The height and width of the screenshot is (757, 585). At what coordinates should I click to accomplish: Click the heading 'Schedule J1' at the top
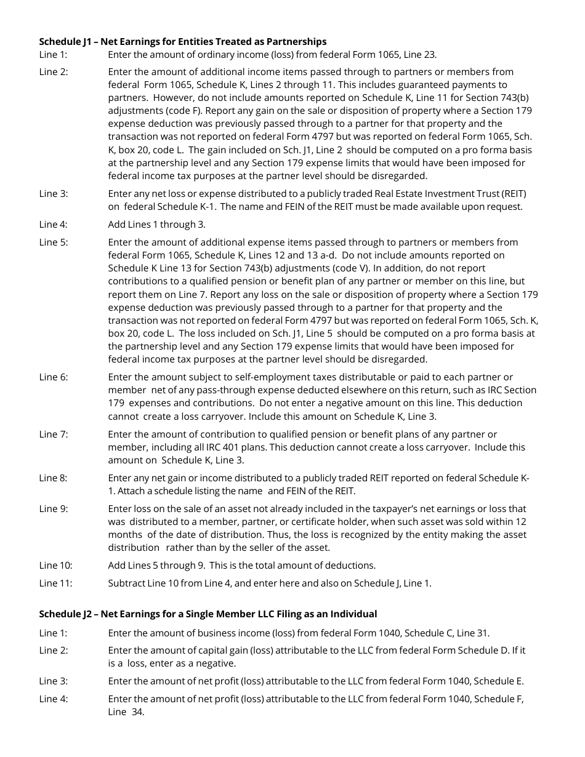tap(182, 42)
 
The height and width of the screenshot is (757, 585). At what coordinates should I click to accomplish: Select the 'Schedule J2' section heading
tap(208, 614)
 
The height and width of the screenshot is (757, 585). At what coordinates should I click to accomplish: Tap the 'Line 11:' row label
tap(55, 583)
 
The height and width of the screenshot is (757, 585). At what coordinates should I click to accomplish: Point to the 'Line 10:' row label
tap(55, 565)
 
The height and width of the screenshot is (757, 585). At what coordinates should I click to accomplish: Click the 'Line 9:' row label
tap(53, 508)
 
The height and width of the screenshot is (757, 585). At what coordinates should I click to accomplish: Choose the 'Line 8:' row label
tap(53, 478)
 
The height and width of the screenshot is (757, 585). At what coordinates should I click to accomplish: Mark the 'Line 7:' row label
tap(53, 434)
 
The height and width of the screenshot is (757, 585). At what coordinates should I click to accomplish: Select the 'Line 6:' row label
tap(53, 377)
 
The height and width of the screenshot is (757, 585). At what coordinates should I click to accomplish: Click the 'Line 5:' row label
tap(53, 242)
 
